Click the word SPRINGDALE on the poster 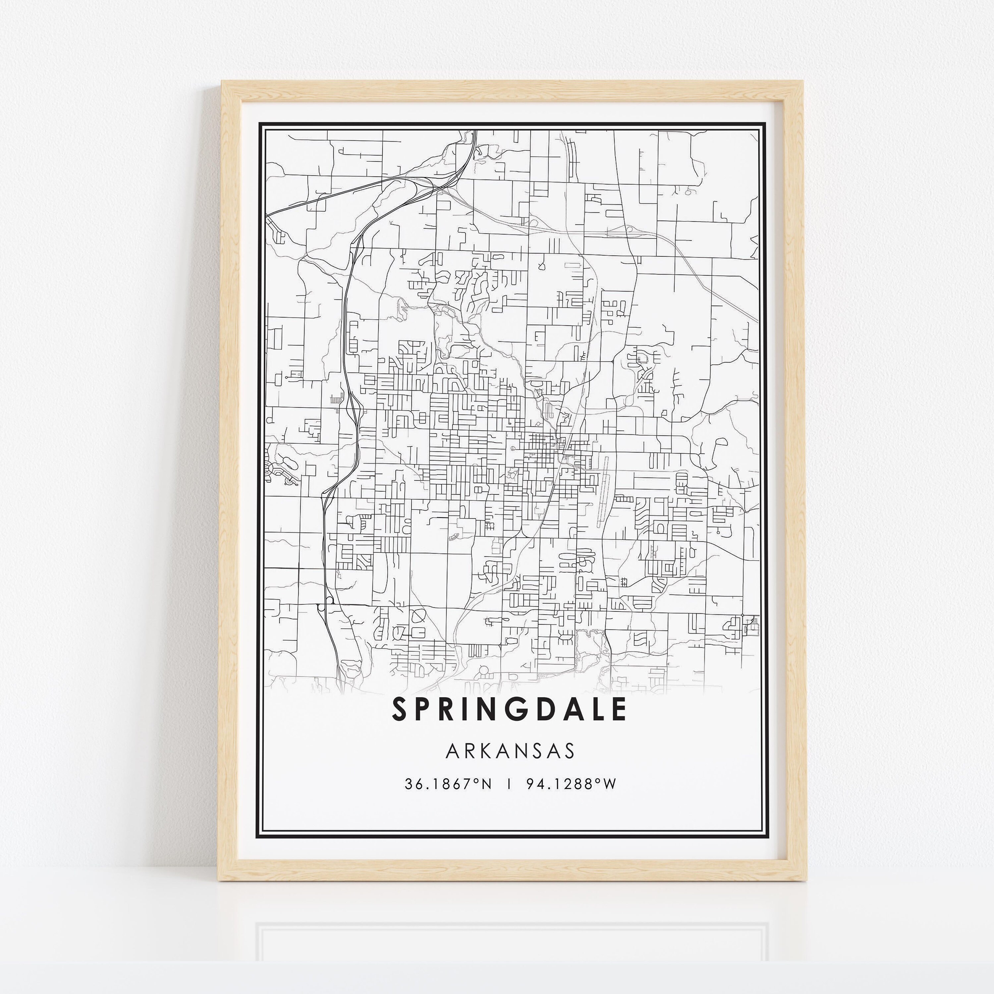(509, 709)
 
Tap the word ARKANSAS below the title (510, 751)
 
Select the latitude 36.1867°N (448, 784)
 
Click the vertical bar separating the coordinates (509, 784)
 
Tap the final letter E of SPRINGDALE (620, 709)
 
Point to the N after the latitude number (486, 784)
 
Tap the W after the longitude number (610, 784)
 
